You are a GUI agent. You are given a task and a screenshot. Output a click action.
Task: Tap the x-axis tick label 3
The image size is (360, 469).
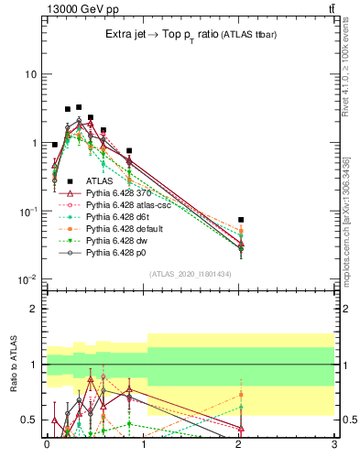click(x=333, y=445)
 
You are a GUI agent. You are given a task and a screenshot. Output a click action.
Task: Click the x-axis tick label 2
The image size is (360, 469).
click(x=238, y=445)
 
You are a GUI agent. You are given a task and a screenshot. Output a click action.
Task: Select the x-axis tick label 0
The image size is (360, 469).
click(x=47, y=445)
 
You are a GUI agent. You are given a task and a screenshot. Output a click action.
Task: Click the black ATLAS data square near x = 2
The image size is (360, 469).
click(x=241, y=220)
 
